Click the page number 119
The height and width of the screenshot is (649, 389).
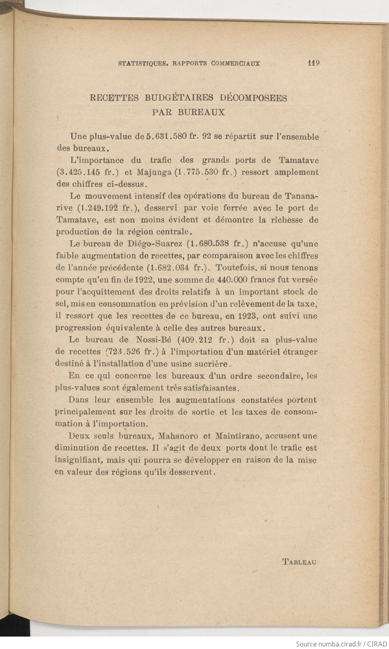pos(314,63)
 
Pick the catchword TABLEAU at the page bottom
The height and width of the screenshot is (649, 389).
pos(299,562)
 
